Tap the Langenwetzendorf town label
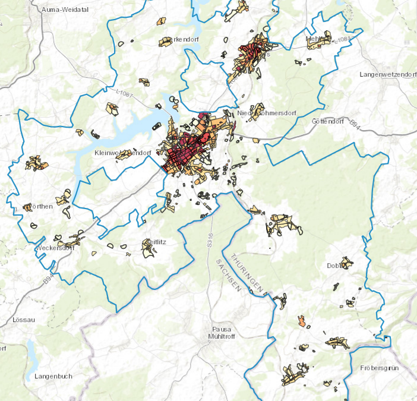[388, 74]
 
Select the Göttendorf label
[327, 121]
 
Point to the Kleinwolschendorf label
[122, 153]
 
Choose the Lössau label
[24, 320]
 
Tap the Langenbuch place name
[53, 376]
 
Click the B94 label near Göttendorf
[354, 124]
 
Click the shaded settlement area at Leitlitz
[147, 248]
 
